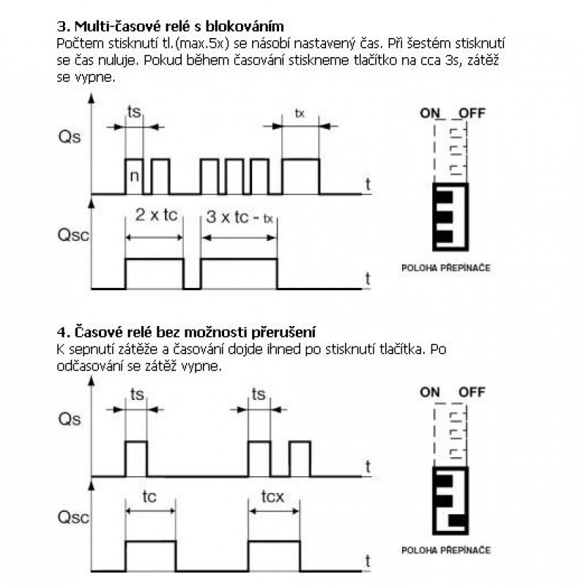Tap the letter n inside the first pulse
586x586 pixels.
point(133,177)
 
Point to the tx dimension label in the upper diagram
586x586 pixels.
point(300,114)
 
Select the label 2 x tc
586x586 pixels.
point(155,215)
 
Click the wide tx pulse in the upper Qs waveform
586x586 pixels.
point(300,175)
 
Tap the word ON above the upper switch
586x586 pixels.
point(432,114)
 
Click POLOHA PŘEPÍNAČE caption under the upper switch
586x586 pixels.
point(445,268)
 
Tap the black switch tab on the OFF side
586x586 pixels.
point(459,521)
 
